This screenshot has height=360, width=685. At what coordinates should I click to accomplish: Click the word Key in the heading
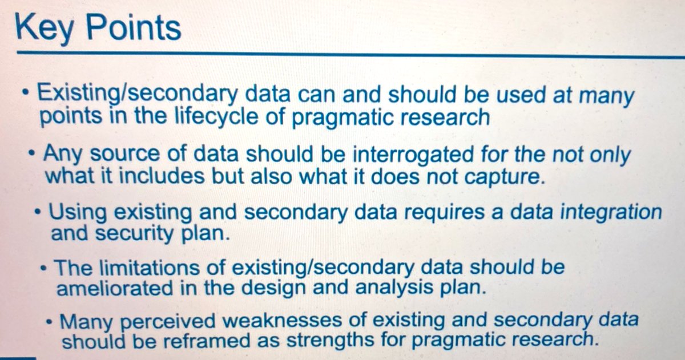[x=42, y=27]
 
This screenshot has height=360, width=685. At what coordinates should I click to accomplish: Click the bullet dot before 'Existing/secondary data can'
[x=25, y=93]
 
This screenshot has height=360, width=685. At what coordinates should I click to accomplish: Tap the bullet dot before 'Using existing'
[x=38, y=212]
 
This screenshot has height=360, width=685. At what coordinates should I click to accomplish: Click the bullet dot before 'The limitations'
[x=45, y=266]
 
